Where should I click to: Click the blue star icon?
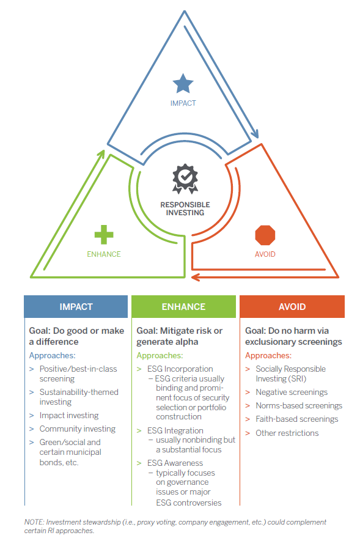coord(183,84)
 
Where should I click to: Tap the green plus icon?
coord(104,235)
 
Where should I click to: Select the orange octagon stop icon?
coord(265,235)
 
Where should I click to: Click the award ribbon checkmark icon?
coord(185,179)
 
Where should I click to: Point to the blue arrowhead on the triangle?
coord(255,134)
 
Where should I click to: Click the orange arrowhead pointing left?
coord(196,278)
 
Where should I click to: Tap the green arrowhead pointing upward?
coord(101,154)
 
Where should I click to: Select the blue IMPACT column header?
coord(76,307)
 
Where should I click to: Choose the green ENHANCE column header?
coord(184,307)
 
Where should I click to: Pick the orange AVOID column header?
coord(292,307)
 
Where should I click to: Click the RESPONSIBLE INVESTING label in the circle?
coord(185,208)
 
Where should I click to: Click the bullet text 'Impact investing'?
coord(69,416)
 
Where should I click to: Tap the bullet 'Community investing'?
coord(78,429)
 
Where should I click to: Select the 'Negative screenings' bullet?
coord(292,392)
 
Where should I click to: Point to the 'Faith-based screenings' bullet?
coord(297,419)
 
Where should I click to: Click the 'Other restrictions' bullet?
coord(287,433)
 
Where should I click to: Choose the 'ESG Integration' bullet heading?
coord(175,430)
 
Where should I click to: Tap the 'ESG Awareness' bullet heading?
coord(175,463)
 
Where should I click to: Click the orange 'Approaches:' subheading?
coord(268,356)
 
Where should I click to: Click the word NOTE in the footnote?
coord(34,522)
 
